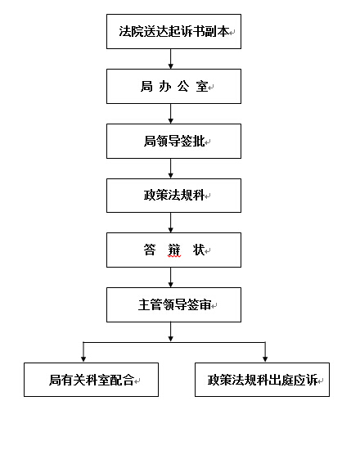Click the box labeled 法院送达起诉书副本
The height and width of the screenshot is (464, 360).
pyautogui.click(x=173, y=31)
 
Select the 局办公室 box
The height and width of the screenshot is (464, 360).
pyautogui.click(x=173, y=87)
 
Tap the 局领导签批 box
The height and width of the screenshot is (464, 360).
pyautogui.click(x=173, y=141)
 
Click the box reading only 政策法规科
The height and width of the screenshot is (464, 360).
pyautogui.click(x=173, y=196)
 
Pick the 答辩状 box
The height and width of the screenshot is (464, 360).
pyautogui.click(x=173, y=250)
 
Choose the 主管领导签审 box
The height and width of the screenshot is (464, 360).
pyautogui.click(x=173, y=304)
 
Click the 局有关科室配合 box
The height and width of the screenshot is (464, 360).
pyautogui.click(x=91, y=380)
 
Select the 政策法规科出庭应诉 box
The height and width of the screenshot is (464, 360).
pyautogui.click(x=262, y=380)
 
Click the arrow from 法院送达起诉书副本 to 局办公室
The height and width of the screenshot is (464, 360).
pyautogui.click(x=171, y=59)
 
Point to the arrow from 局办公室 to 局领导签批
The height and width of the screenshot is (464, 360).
pyautogui.click(x=171, y=114)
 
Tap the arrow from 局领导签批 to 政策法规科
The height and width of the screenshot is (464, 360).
pyautogui.click(x=171, y=169)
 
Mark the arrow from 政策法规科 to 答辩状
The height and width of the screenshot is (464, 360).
pyautogui.click(x=171, y=223)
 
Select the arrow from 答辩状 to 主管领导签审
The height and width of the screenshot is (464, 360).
pyautogui.click(x=171, y=277)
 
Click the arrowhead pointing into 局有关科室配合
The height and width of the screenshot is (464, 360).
pyautogui.click(x=83, y=359)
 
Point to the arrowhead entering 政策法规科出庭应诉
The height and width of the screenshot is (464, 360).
pyautogui.click(x=265, y=359)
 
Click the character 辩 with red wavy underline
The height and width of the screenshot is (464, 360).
pyautogui.click(x=174, y=250)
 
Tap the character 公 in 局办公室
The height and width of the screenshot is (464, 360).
pyautogui.click(x=183, y=87)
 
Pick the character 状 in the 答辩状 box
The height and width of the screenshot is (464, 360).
pyautogui.click(x=199, y=250)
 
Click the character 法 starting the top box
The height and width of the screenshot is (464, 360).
pyautogui.click(x=125, y=31)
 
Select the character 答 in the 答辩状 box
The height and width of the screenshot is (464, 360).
pyautogui.click(x=150, y=250)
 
